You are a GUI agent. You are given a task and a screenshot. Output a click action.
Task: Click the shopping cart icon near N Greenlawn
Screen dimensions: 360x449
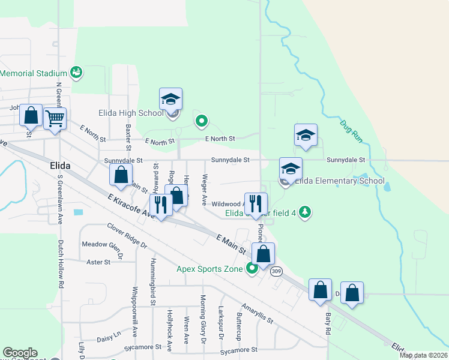pyautogui.click(x=55, y=118)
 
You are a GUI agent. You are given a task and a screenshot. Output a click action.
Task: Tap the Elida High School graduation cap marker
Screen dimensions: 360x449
pyautogui.click(x=170, y=99)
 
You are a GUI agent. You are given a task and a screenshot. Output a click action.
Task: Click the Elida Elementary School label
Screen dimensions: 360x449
pyautogui.click(x=339, y=181)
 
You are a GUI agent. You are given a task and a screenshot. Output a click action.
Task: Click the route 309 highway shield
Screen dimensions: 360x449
pyautogui.click(x=276, y=272)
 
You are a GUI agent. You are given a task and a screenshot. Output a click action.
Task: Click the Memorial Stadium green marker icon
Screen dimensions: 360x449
pyautogui.click(x=76, y=73)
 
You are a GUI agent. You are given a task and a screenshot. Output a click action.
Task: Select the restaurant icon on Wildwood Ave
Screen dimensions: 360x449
pyautogui.click(x=256, y=203)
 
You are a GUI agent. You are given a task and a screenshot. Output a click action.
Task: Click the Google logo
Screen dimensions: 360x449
pyautogui.click(x=20, y=353)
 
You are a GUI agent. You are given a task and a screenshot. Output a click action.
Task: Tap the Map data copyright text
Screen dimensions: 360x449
pyautogui.click(x=423, y=355)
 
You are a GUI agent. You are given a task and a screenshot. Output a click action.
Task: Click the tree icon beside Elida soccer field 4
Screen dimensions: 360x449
pyautogui.click(x=305, y=211)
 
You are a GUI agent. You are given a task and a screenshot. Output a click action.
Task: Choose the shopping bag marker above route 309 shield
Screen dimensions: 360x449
pyautogui.click(x=263, y=253)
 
